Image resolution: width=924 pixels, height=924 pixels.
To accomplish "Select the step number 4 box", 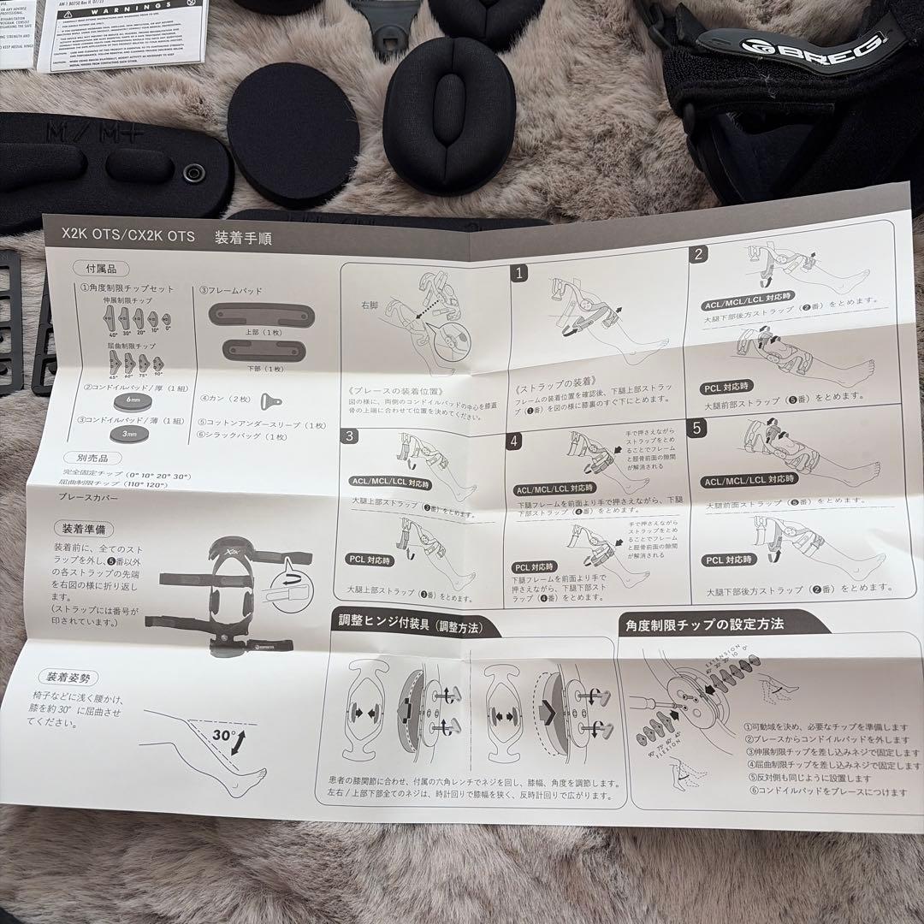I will (x=516, y=441).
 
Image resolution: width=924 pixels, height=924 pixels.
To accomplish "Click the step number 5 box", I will (x=701, y=428).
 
